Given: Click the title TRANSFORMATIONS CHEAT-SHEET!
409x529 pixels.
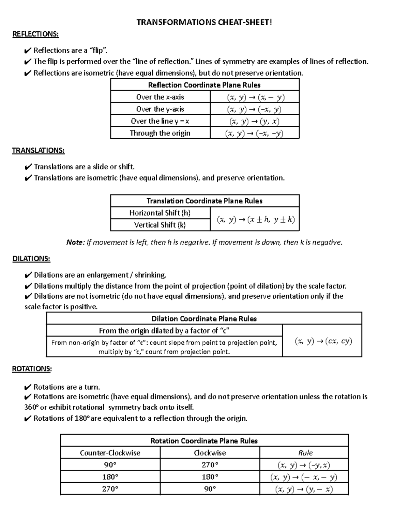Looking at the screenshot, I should (x=204, y=22).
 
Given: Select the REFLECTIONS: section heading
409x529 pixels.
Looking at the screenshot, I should (x=35, y=34).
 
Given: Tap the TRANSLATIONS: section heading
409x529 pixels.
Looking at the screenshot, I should (x=38, y=151).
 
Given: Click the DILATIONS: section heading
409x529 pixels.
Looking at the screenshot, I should (x=31, y=259).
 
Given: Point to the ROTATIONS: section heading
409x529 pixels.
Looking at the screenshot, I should (x=32, y=369).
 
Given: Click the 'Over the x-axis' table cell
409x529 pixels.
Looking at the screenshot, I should (x=160, y=97).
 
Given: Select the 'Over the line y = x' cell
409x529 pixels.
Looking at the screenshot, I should (x=160, y=121).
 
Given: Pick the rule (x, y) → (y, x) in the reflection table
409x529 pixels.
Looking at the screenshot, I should (x=255, y=121).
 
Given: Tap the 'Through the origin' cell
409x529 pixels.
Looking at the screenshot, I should (x=160, y=133).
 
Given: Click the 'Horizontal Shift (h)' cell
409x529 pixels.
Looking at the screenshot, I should (x=160, y=213).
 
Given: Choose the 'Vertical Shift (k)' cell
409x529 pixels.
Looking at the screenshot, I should (x=160, y=225).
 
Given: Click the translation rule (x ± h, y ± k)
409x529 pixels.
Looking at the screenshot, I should (x=256, y=220).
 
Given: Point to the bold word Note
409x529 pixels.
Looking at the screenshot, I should (x=74, y=243).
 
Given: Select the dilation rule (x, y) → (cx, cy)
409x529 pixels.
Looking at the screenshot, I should (x=323, y=341).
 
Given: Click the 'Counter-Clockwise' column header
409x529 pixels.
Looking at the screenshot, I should (x=110, y=453).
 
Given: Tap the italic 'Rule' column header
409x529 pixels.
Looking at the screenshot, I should (x=305, y=453).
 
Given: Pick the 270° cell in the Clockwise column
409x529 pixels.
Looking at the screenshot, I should (x=210, y=465).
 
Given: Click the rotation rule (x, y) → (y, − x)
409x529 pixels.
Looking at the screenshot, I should (x=304, y=489).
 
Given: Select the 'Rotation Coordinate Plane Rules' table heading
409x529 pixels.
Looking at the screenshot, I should (x=204, y=441).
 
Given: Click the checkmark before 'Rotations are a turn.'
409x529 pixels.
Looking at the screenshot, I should (x=28, y=387).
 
